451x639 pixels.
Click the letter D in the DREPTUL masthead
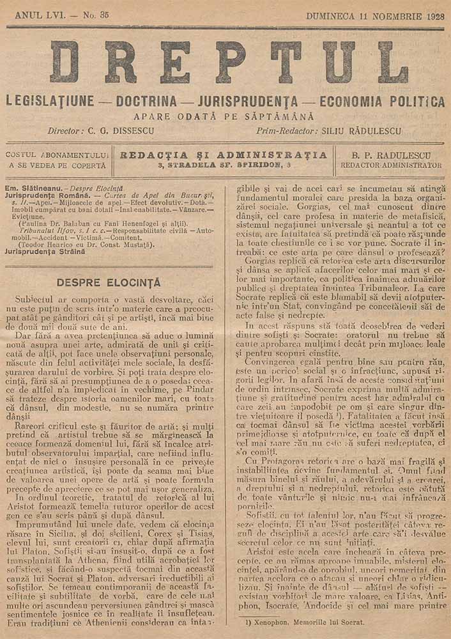pyautogui.click(x=64, y=63)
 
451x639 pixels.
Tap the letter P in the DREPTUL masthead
pyautogui.click(x=229, y=63)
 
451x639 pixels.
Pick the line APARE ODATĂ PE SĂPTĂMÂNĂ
pyautogui.click(x=224, y=116)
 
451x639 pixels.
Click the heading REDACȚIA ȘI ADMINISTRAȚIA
pyautogui.click(x=224, y=155)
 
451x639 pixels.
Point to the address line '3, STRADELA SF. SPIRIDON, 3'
pyautogui.click(x=224, y=165)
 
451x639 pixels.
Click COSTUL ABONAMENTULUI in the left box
pyautogui.click(x=56, y=155)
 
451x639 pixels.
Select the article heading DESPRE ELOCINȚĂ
pyautogui.click(x=109, y=282)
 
